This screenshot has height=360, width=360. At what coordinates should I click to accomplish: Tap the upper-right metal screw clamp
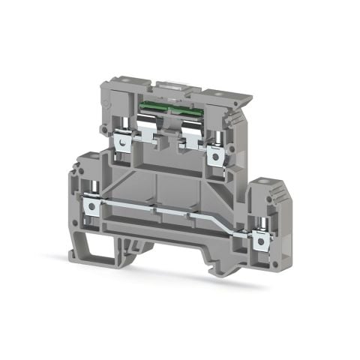[218, 154]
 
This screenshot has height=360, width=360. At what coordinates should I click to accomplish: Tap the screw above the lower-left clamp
[94, 184]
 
